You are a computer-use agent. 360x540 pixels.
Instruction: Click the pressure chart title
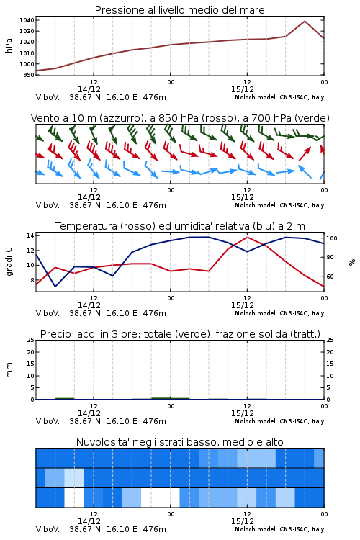(x=179, y=10)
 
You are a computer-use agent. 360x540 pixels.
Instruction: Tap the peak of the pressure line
(x=305, y=21)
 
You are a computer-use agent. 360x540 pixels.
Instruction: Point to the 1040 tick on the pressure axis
(x=27, y=20)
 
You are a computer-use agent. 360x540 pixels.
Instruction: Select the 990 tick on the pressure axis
(x=29, y=75)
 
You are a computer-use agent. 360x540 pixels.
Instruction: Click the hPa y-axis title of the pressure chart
(x=9, y=45)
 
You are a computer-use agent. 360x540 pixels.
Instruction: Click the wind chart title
(x=180, y=118)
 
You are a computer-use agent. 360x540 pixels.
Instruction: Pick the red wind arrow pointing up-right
(x=305, y=153)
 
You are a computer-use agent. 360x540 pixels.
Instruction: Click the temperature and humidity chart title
(x=180, y=226)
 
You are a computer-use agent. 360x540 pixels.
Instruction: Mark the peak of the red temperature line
(x=247, y=237)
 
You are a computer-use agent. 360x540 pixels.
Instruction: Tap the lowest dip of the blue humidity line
(x=55, y=287)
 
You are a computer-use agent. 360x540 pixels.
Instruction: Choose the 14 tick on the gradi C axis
(x=30, y=235)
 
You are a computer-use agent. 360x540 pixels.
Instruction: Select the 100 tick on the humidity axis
(x=332, y=238)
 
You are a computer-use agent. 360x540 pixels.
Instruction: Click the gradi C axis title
(x=9, y=262)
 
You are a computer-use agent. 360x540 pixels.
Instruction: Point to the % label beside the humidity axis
(x=352, y=262)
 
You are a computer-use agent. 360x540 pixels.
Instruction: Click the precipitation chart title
(x=180, y=334)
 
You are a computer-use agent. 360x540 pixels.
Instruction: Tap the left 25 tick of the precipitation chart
(x=31, y=340)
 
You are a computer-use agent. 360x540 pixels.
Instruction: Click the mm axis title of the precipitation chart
(x=9, y=370)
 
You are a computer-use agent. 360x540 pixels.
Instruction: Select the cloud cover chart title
(x=180, y=442)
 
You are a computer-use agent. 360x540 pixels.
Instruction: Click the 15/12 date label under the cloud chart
(x=243, y=521)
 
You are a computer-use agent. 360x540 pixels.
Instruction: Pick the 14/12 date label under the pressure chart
(x=89, y=89)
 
